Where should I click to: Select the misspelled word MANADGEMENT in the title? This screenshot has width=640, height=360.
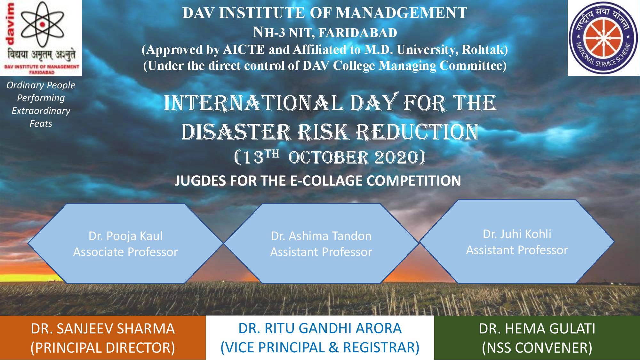[x=402, y=13]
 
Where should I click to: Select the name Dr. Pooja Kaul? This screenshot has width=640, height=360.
[x=125, y=236]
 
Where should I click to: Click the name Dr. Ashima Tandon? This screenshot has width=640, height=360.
[x=321, y=236]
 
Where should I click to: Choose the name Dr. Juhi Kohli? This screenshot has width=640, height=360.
[x=517, y=234]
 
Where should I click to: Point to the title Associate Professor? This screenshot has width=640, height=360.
[x=125, y=252]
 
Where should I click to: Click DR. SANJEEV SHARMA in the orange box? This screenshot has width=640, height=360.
[x=103, y=329]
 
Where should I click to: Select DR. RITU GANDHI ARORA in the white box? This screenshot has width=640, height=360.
[x=320, y=329]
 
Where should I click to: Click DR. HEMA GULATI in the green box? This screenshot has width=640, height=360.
[x=537, y=329]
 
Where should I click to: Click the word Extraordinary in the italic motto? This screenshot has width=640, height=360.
[x=41, y=111]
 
